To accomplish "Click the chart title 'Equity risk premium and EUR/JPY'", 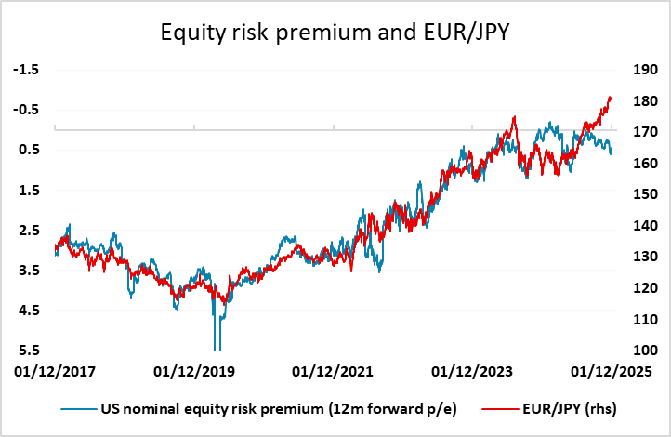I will click(335, 34).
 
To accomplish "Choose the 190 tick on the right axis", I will click(645, 70).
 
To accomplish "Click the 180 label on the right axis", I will click(645, 101).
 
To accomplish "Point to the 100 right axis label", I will click(645, 351).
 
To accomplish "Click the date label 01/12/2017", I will click(55, 371).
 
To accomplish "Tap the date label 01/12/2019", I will click(194, 371).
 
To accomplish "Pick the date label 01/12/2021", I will click(334, 371).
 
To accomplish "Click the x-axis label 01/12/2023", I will click(473, 371).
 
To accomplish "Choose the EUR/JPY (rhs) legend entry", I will click(566, 408).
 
